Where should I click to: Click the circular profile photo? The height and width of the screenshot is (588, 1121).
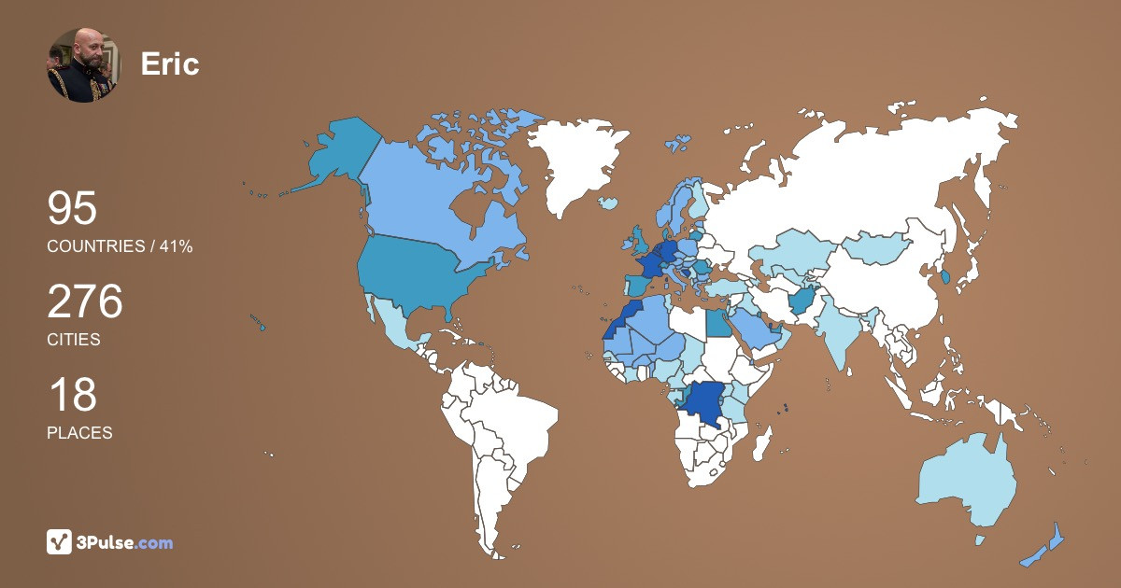point(84,64)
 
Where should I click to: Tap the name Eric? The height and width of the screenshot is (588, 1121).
point(169,63)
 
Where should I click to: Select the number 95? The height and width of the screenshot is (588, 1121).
point(72,208)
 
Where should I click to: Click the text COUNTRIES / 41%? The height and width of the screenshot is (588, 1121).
point(120,246)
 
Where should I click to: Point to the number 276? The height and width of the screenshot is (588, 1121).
point(85,302)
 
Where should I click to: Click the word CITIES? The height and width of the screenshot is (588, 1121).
point(74,340)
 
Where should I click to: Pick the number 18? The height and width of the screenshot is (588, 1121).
point(72,395)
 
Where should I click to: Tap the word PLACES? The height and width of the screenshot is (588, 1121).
point(79,433)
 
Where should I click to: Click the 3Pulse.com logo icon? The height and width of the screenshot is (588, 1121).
point(59,541)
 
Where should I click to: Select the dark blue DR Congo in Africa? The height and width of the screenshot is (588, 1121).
point(702,403)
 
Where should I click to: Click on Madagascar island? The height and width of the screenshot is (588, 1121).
point(763,441)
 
